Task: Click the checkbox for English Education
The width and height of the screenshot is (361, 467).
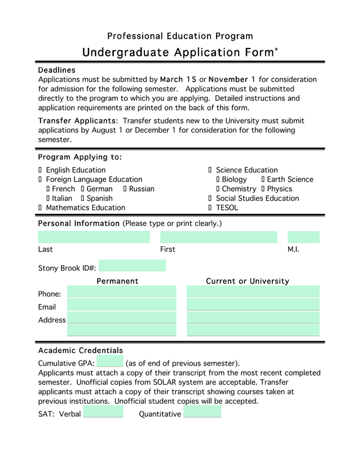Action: click(40, 170)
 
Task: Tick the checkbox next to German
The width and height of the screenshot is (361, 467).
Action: click(82, 189)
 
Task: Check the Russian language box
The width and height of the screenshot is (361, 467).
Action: click(125, 189)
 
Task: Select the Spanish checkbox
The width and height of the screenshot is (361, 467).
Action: click(82, 199)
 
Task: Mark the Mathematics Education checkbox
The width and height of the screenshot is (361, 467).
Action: click(40, 208)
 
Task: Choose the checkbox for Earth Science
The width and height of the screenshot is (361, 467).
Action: click(263, 179)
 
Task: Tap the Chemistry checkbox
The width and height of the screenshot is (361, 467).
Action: click(218, 189)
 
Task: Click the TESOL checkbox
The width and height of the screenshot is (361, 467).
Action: click(210, 208)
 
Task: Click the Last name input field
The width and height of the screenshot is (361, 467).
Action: click(94, 237)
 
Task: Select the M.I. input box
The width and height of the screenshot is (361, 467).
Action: click(303, 237)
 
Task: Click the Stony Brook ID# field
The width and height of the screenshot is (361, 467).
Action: click(132, 266)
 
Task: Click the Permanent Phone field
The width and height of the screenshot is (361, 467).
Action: click(122, 292)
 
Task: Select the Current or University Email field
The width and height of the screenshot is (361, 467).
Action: click(253, 305)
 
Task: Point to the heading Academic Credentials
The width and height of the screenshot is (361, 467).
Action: click(80, 351)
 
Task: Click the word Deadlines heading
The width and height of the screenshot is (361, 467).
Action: click(56, 70)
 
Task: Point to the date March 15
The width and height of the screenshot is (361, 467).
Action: click(178, 80)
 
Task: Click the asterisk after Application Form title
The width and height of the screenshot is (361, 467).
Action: click(276, 50)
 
